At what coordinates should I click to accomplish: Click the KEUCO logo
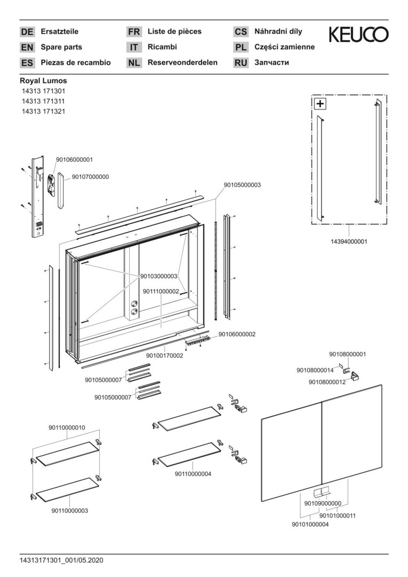[x=358, y=35]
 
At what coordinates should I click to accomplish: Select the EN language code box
[x=27, y=47]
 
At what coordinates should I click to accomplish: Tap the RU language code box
[x=241, y=63]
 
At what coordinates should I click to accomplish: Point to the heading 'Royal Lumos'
[x=43, y=81]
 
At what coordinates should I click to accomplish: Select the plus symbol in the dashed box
[x=319, y=104]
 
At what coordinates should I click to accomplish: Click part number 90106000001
[x=75, y=159]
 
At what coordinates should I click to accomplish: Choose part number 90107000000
[x=91, y=176]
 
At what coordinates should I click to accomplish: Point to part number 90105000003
[x=242, y=185]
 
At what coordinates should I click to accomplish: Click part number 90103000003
[x=159, y=276]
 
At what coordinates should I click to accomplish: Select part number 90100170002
[x=164, y=355]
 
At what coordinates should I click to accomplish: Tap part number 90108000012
[x=327, y=382]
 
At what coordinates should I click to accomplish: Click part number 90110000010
[x=67, y=427]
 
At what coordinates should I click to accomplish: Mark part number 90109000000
[x=323, y=503]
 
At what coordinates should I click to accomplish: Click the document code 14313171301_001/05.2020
[x=61, y=560]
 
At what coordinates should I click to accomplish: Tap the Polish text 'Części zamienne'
[x=285, y=47]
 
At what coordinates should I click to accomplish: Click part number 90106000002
[x=237, y=334]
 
